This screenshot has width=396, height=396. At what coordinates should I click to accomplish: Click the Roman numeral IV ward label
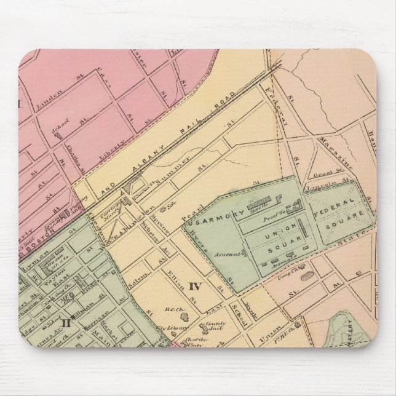195,286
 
